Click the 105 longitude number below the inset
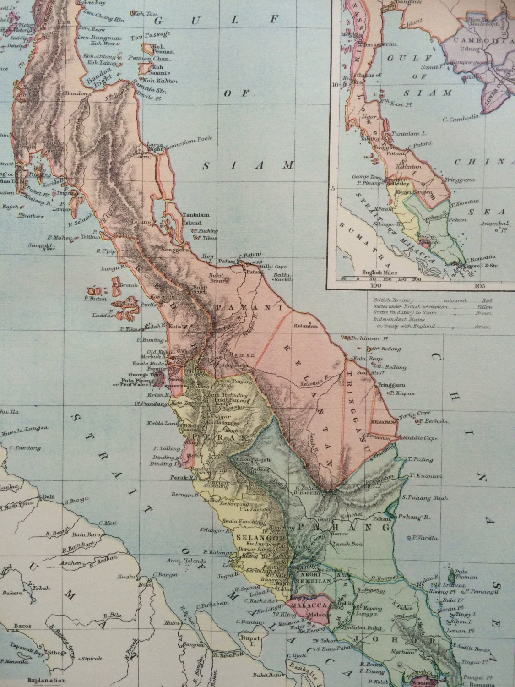pyautogui.click(x=479, y=287)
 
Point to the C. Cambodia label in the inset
pyautogui.click(x=460, y=119)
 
